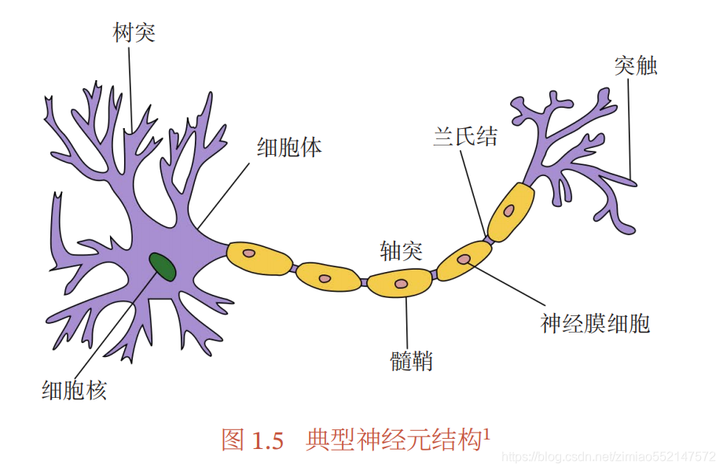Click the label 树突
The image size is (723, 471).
134,33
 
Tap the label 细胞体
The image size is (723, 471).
289,147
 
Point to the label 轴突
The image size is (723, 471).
401,252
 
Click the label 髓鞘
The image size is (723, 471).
411,362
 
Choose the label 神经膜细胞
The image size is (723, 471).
595,323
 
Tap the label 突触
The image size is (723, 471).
635,66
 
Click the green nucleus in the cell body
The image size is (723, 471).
163,267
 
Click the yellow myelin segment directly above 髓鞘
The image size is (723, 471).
401,283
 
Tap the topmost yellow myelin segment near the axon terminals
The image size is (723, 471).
511,211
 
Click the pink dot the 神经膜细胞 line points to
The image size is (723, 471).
464,259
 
